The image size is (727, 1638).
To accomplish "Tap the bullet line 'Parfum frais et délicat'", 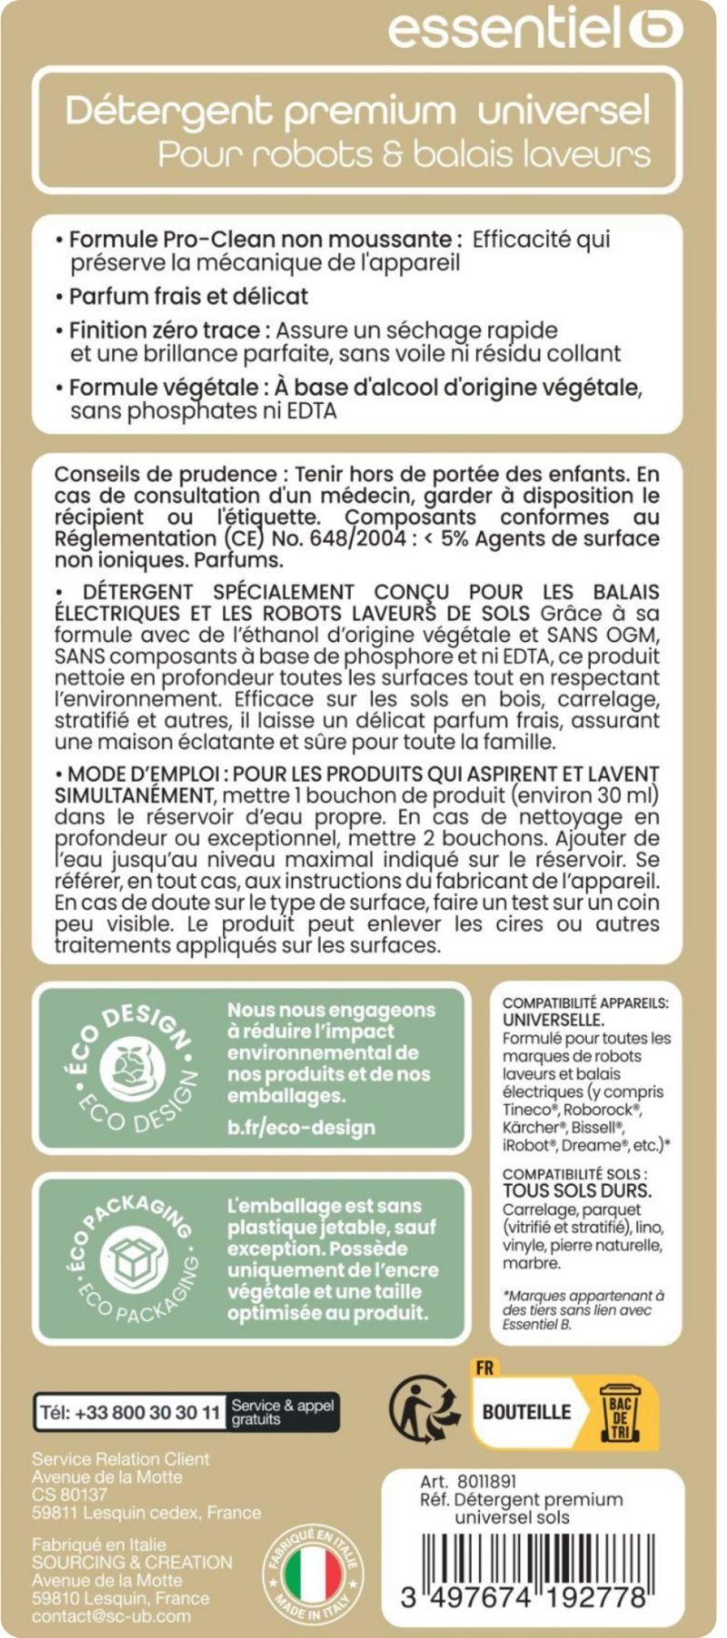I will click(x=188, y=296).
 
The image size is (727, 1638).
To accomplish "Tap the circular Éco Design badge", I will click(x=129, y=1068).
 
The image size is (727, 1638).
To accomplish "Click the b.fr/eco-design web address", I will click(x=301, y=1128).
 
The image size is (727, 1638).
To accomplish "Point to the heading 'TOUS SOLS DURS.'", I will click(x=576, y=1190).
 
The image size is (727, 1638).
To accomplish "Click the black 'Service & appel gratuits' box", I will click(x=283, y=1412).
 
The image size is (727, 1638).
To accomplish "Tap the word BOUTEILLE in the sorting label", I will click(x=526, y=1413).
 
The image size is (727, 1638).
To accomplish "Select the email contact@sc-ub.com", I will click(x=112, y=1616).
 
